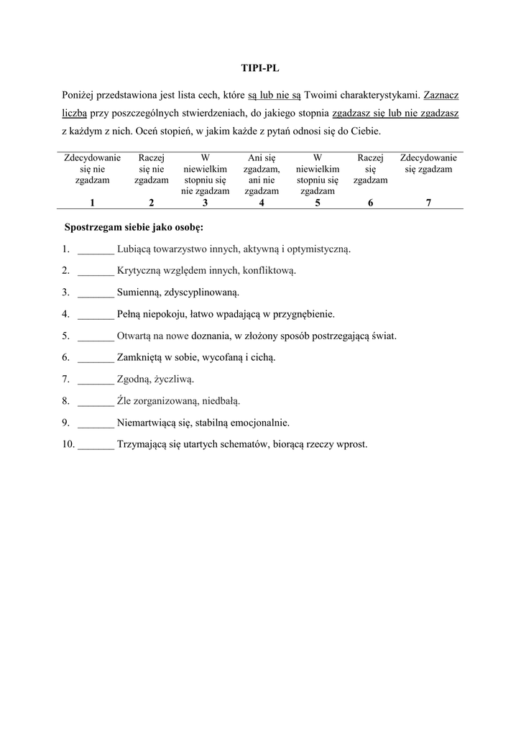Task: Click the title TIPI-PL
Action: pos(259,69)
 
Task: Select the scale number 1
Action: pos(92,203)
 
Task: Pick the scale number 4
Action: pos(261,203)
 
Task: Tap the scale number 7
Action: pos(428,203)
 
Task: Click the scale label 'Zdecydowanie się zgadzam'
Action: pos(428,163)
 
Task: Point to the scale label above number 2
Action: pos(151,169)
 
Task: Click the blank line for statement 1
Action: pos(96,250)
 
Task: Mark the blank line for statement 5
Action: pos(96,336)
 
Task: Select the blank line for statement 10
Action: pos(96,444)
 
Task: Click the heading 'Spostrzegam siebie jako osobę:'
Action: pos(134,228)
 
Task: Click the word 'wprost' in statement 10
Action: pos(351,444)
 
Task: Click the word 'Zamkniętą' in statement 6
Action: pos(139,357)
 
